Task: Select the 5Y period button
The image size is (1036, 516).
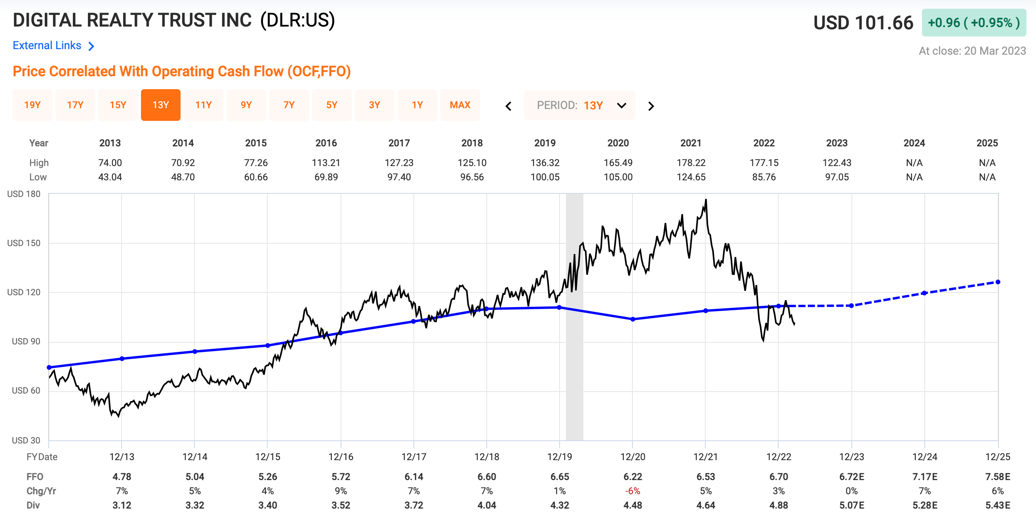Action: (331, 105)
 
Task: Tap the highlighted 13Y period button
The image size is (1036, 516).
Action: (160, 105)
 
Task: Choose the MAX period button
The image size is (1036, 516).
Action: (460, 105)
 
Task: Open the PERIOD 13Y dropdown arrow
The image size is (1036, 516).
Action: (621, 105)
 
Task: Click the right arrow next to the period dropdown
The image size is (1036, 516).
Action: (651, 106)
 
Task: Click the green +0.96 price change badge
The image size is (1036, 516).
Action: (973, 23)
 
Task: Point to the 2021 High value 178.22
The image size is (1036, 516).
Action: (691, 162)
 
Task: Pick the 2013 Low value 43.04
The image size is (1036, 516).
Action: (110, 177)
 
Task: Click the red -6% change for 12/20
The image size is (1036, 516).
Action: (632, 491)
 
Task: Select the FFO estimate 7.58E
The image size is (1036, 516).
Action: (998, 476)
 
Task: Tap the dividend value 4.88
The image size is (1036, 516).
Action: (778, 505)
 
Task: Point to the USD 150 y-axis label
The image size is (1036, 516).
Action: (24, 243)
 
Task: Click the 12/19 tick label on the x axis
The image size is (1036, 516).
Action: (560, 457)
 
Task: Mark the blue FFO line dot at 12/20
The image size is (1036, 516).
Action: (632, 319)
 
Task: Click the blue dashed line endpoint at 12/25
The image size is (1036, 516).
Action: (998, 282)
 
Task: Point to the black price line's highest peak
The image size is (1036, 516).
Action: (706, 200)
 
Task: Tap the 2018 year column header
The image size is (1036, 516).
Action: (472, 143)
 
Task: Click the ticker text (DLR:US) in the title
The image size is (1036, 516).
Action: (297, 20)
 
